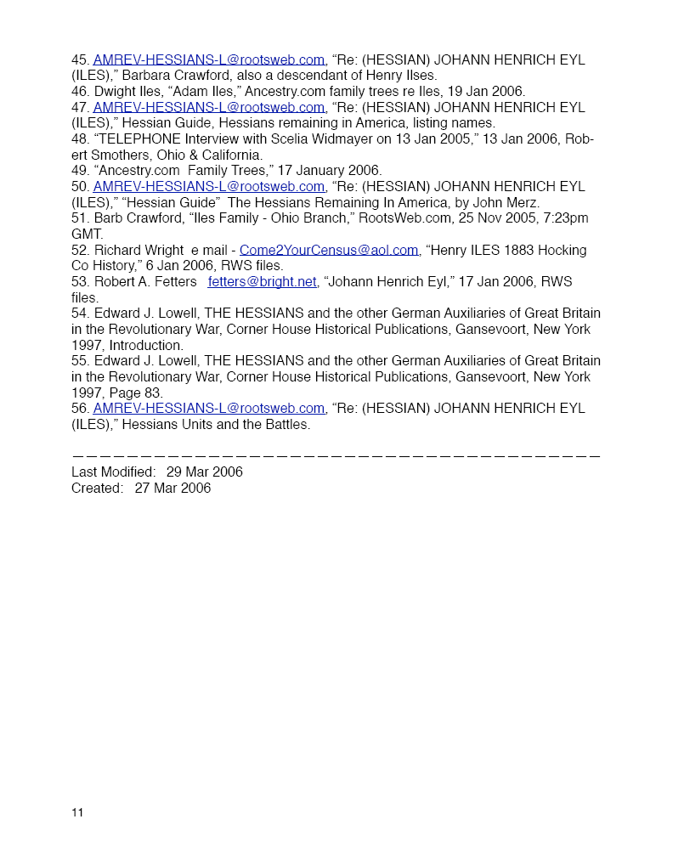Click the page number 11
(77, 813)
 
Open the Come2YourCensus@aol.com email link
(329, 250)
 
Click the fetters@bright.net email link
(262, 282)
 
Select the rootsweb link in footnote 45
(209, 60)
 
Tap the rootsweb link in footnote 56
(209, 409)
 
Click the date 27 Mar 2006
(172, 489)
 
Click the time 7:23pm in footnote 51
(566, 218)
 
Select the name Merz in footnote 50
(523, 202)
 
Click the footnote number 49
(80, 171)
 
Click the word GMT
(87, 234)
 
